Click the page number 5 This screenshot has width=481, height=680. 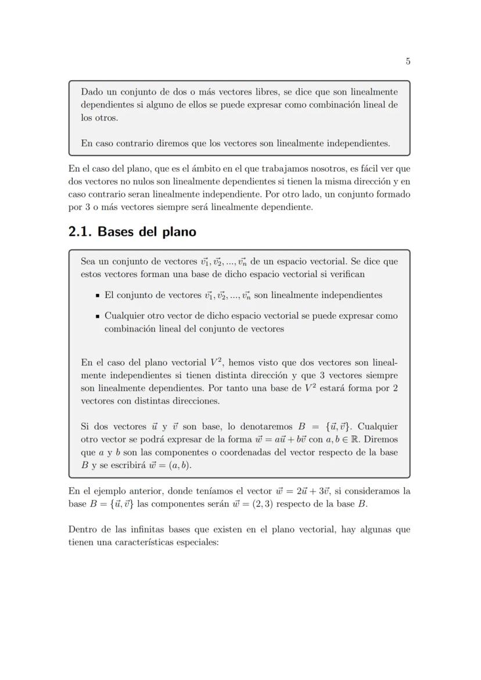click(x=408, y=61)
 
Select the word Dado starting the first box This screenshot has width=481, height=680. click(x=92, y=92)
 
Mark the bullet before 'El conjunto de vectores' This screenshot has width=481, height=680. click(x=98, y=296)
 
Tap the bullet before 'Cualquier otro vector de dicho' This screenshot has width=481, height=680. click(x=98, y=316)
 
